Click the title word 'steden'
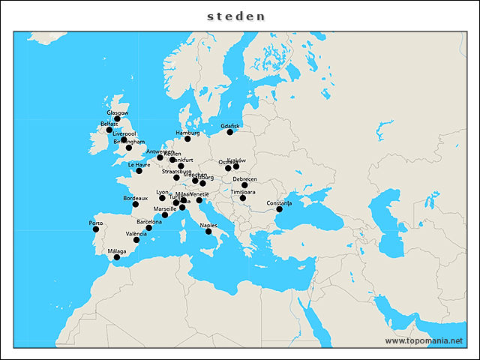click(x=236, y=15)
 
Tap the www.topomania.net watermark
click(x=424, y=340)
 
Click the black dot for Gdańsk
click(x=230, y=132)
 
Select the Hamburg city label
click(x=188, y=133)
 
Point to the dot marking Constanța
click(x=279, y=209)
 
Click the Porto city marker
click(x=96, y=229)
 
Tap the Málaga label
click(x=116, y=251)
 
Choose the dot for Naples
click(x=208, y=231)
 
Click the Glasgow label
click(x=118, y=112)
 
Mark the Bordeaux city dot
click(x=136, y=204)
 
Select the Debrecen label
click(x=244, y=178)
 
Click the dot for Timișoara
click(x=242, y=198)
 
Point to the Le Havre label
click(x=139, y=164)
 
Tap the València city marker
click(x=136, y=240)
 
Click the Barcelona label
click(x=149, y=222)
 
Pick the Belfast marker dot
click(x=109, y=130)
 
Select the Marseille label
click(x=164, y=208)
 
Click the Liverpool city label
click(x=124, y=133)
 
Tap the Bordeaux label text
click(x=135, y=198)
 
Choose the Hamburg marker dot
click(x=187, y=139)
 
